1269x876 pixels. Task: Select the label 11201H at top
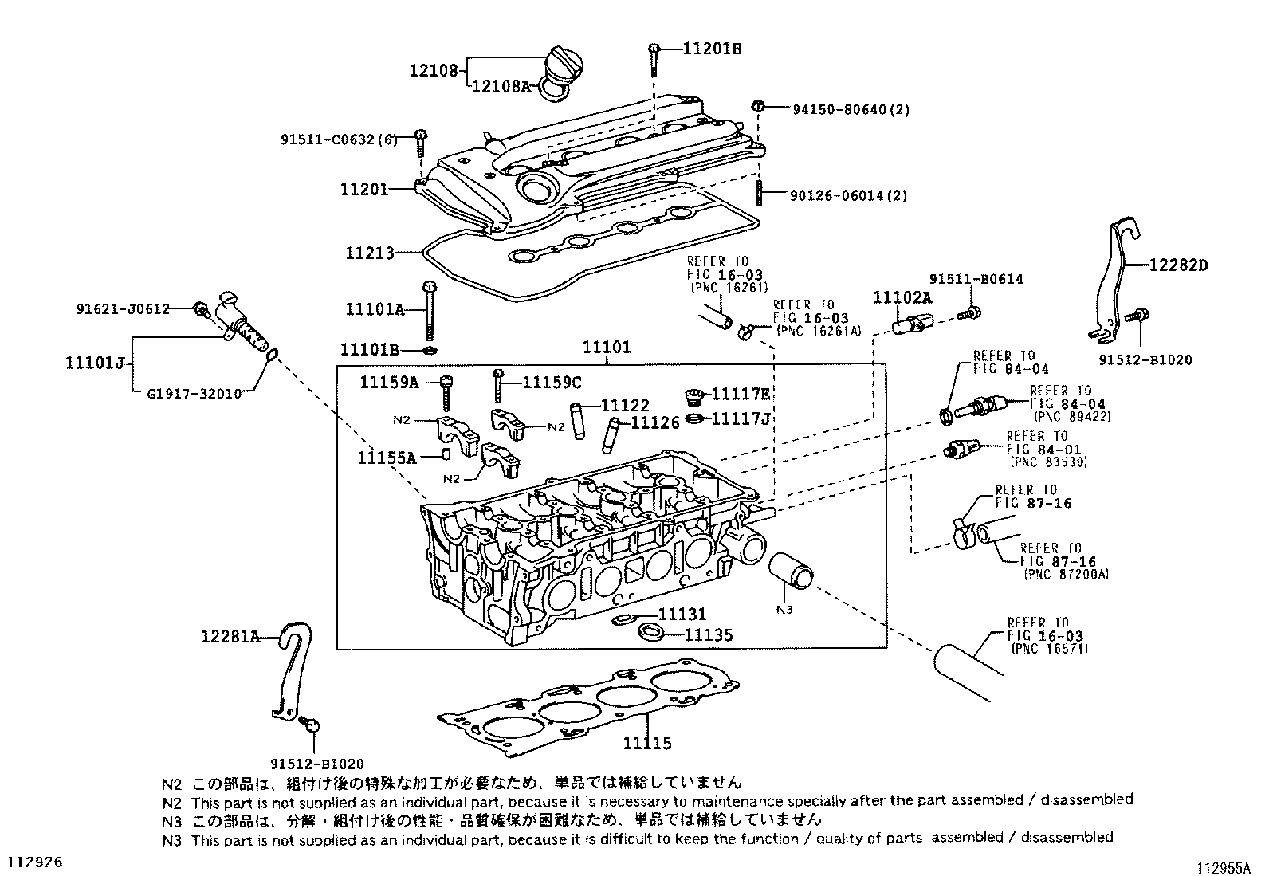point(712,49)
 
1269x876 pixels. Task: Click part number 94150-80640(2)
point(851,109)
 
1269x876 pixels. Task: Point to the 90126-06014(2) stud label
point(848,195)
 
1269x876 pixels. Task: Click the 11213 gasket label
point(370,253)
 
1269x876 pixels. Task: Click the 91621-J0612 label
point(123,308)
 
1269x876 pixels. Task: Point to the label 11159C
point(552,383)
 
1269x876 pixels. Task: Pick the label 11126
point(655,423)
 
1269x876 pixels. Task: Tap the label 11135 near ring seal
point(709,635)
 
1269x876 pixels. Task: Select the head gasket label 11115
point(647,744)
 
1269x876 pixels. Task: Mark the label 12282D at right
point(1178,265)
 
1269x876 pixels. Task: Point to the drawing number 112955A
point(1228,866)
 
